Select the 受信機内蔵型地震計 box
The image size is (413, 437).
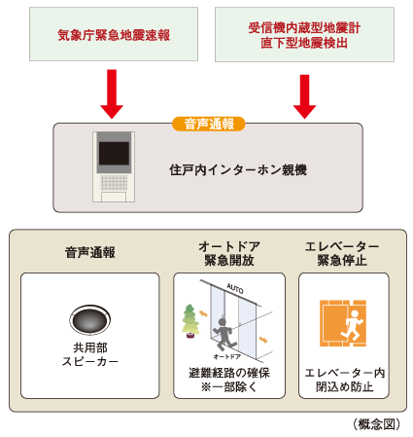[303, 35]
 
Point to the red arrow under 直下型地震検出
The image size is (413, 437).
[305, 95]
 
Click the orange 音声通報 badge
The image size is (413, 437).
[209, 124]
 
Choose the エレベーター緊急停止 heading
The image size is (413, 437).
[342, 253]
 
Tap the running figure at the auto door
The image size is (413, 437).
[225, 332]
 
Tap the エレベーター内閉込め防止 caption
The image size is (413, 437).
[342, 381]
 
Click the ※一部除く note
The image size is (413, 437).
[229, 387]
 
